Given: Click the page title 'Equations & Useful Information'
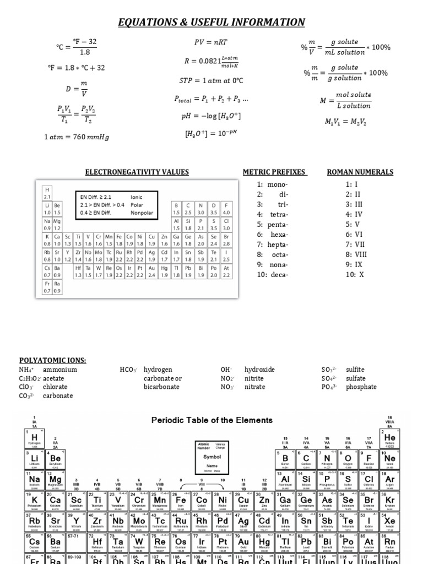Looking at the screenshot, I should [x=211, y=22].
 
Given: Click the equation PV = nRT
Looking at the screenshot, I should [x=207, y=42].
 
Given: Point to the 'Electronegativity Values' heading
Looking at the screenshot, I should [x=137, y=172].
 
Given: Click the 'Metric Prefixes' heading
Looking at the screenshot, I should [x=274, y=172].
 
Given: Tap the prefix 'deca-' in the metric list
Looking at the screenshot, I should [x=278, y=274].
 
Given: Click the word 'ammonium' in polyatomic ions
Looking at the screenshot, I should [x=60, y=370].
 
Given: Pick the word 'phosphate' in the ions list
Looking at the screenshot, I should [x=361, y=387].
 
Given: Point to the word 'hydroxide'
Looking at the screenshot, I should [x=259, y=370].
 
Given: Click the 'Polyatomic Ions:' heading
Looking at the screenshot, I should [x=53, y=360].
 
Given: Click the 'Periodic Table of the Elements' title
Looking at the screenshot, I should [x=211, y=420].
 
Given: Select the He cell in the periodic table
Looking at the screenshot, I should [x=389, y=438].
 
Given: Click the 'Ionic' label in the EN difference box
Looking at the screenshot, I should [x=136, y=197].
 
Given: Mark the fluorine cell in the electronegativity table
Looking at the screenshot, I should [x=226, y=209].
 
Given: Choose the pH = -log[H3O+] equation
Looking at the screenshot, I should [x=207, y=116].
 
